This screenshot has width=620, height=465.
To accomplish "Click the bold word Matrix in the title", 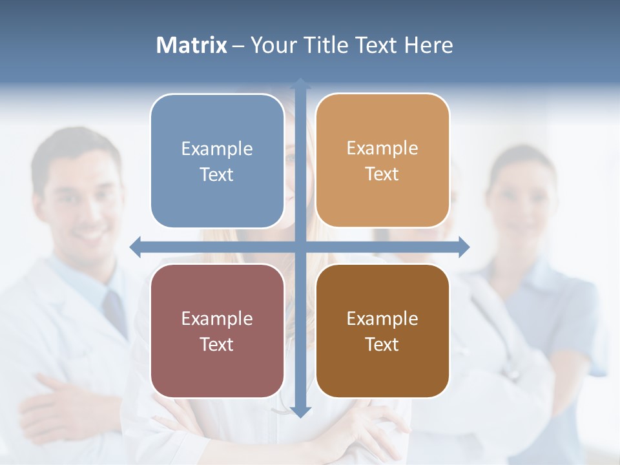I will tap(192, 45).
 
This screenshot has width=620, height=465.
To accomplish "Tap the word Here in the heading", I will tap(429, 45).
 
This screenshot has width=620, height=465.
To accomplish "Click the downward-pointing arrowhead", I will tap(300, 411).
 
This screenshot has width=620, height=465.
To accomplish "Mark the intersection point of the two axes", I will tap(300, 247).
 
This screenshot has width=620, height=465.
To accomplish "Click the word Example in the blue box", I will tap(217, 149).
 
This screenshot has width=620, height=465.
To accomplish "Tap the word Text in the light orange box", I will tap(382, 174).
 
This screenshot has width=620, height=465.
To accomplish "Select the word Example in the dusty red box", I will tap(217, 319).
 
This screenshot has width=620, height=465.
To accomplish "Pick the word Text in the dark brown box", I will tap(382, 345).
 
